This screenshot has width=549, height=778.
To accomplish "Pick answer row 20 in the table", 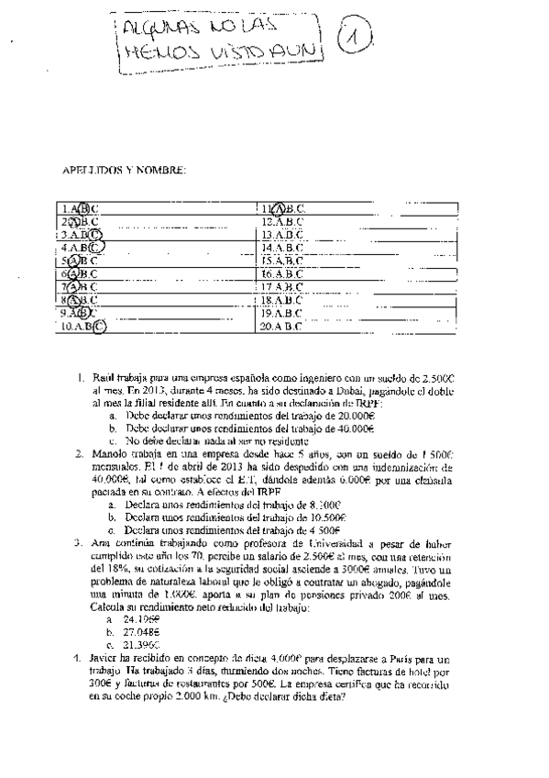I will (281, 324).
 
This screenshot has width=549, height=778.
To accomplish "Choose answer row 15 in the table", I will (281, 260).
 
